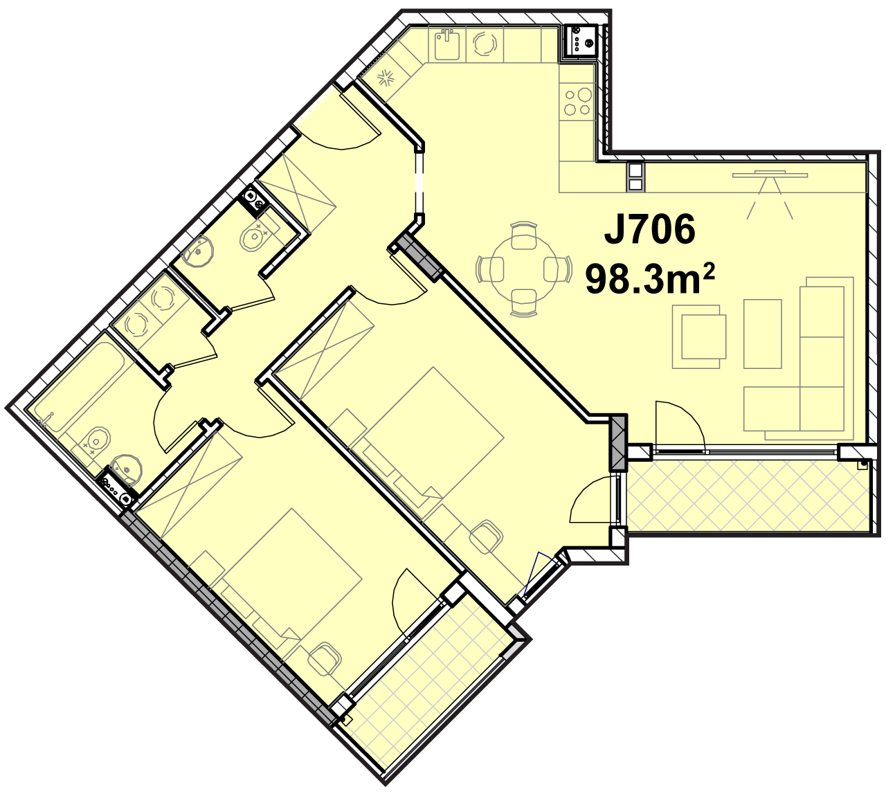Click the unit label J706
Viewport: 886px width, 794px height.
[649, 230]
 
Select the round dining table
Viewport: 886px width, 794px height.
[524, 269]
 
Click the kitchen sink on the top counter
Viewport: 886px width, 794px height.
[447, 44]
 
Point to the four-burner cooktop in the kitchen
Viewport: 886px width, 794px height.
[577, 102]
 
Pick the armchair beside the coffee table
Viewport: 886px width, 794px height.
[698, 336]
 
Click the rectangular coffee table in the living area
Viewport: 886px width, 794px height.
[762, 334]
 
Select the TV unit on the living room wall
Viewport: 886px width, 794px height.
[770, 175]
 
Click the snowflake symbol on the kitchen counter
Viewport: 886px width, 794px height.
[386, 78]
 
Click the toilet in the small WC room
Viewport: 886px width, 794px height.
[258, 235]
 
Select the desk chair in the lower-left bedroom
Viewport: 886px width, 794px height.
[324, 659]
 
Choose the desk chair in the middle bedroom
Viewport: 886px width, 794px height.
[486, 536]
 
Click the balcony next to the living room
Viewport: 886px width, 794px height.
[748, 496]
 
